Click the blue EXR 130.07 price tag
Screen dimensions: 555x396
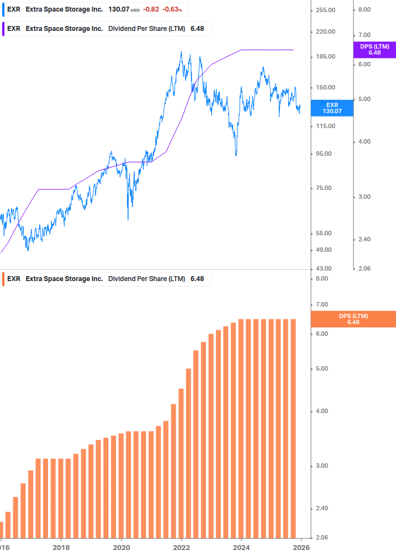point(332,108)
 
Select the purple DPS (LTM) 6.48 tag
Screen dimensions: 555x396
point(374,50)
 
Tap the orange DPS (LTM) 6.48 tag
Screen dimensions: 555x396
point(353,319)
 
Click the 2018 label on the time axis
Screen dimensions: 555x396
point(61,548)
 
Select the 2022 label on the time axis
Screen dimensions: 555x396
point(182,548)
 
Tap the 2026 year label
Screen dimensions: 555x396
point(301,548)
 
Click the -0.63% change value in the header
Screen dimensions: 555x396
point(172,9)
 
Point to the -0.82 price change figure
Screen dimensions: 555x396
point(150,9)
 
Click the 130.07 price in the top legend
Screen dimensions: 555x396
point(118,9)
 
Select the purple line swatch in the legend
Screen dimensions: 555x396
point(4,29)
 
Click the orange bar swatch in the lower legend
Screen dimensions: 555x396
point(4,279)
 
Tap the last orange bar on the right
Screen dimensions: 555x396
point(293,428)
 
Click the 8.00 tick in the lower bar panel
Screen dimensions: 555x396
point(321,279)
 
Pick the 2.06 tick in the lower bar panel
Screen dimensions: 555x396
point(321,537)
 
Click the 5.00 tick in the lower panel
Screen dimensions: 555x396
point(321,369)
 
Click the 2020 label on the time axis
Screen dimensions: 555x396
point(122,548)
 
